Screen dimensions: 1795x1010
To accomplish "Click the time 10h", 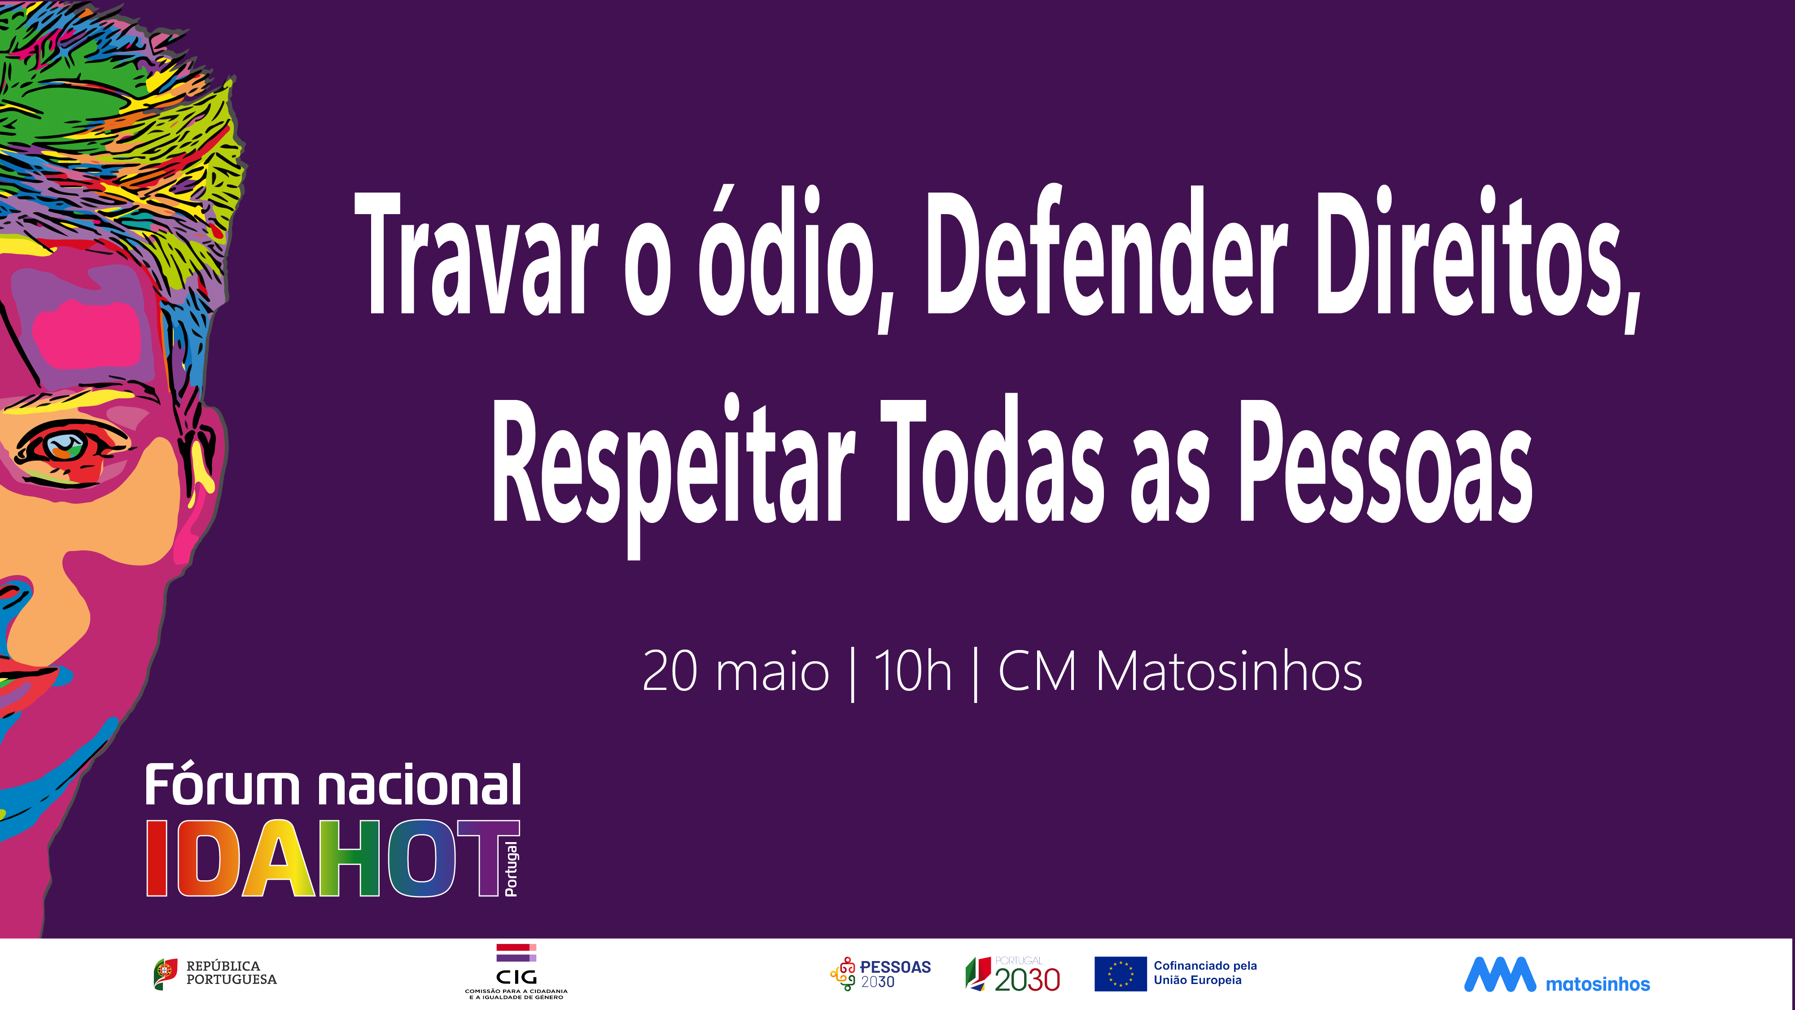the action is pyautogui.click(x=913, y=671).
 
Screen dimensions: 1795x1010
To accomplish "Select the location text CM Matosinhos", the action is pyautogui.click(x=1180, y=671).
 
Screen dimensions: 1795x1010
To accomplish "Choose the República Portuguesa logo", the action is pyautogui.click(x=215, y=973).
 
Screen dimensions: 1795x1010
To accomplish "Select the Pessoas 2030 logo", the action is pyautogui.click(x=880, y=974).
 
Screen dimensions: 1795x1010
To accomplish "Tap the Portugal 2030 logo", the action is pyautogui.click(x=1012, y=975).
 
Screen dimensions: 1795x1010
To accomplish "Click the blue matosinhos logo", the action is pyautogui.click(x=1557, y=975).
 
